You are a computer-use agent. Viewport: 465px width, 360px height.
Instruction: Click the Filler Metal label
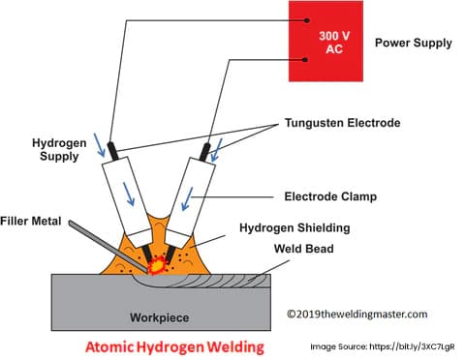tap(31, 222)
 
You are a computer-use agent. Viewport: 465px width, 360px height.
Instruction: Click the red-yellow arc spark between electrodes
tap(158, 262)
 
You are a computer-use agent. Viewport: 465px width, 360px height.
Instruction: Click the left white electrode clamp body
tap(131, 198)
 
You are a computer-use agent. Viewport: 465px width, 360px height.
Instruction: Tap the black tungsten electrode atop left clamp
tap(112, 151)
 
